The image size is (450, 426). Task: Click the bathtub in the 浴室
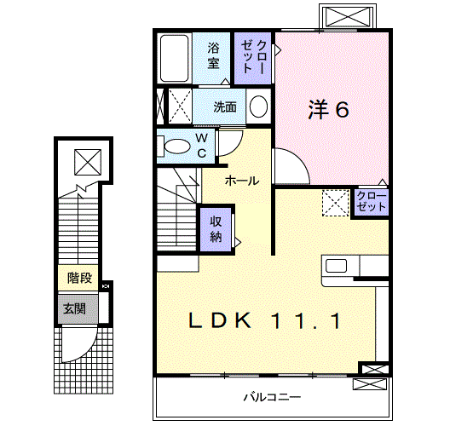coord(174,58)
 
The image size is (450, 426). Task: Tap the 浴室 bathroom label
coord(213,55)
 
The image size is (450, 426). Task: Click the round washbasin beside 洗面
coord(258,106)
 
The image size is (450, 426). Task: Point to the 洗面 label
coord(225,107)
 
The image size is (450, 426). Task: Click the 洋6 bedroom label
coord(329,109)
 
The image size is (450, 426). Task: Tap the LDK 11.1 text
coord(264,320)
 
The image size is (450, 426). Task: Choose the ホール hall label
coord(242,181)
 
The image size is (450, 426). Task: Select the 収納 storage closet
coord(216,229)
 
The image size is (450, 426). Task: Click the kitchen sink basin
coord(336,266)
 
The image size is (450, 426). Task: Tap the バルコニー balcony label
coord(272,397)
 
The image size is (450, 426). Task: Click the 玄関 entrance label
coord(75,309)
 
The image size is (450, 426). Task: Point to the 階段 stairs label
coord(79,278)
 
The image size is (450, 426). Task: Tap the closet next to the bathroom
coord(253,58)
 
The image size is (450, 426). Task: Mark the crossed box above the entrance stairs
coord(88,162)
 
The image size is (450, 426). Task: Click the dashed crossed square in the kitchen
coord(335,203)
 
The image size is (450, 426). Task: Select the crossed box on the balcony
coord(369,384)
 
